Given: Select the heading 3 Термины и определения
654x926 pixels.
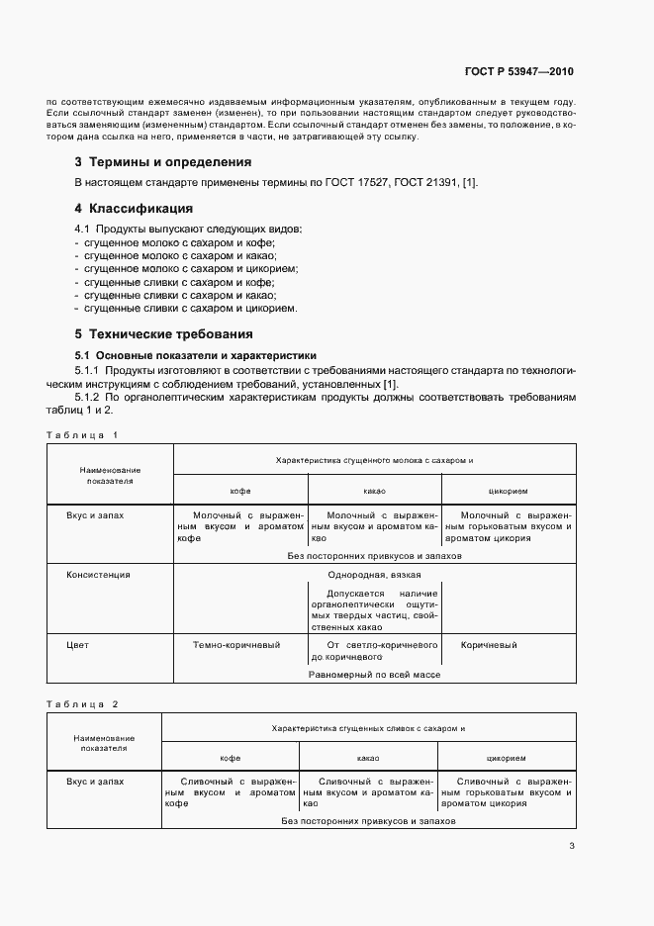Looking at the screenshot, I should pos(163,161).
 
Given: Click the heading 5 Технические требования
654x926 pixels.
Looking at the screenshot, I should pos(163,333).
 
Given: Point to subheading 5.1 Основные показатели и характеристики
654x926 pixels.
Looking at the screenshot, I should pos(196,354).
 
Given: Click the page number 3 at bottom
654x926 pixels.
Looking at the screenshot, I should pos(572,846).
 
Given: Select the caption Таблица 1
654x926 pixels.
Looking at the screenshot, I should pos(82,435).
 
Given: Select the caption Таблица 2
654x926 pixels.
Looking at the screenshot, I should pos(82,703).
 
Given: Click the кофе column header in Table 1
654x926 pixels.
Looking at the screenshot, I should pos(240,491).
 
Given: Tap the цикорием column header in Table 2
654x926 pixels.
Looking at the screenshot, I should pos(506,757).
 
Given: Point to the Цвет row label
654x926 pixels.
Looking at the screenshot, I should pos(77,645).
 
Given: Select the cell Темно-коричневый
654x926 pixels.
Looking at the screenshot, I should pos(236,645).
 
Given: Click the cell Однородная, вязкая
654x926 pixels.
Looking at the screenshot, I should pos(374,574).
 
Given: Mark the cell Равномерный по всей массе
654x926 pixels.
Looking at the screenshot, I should pos(374,674).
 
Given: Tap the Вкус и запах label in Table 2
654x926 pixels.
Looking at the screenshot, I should pos(95,781).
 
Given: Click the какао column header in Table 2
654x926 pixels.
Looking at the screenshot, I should pos(368,757).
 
